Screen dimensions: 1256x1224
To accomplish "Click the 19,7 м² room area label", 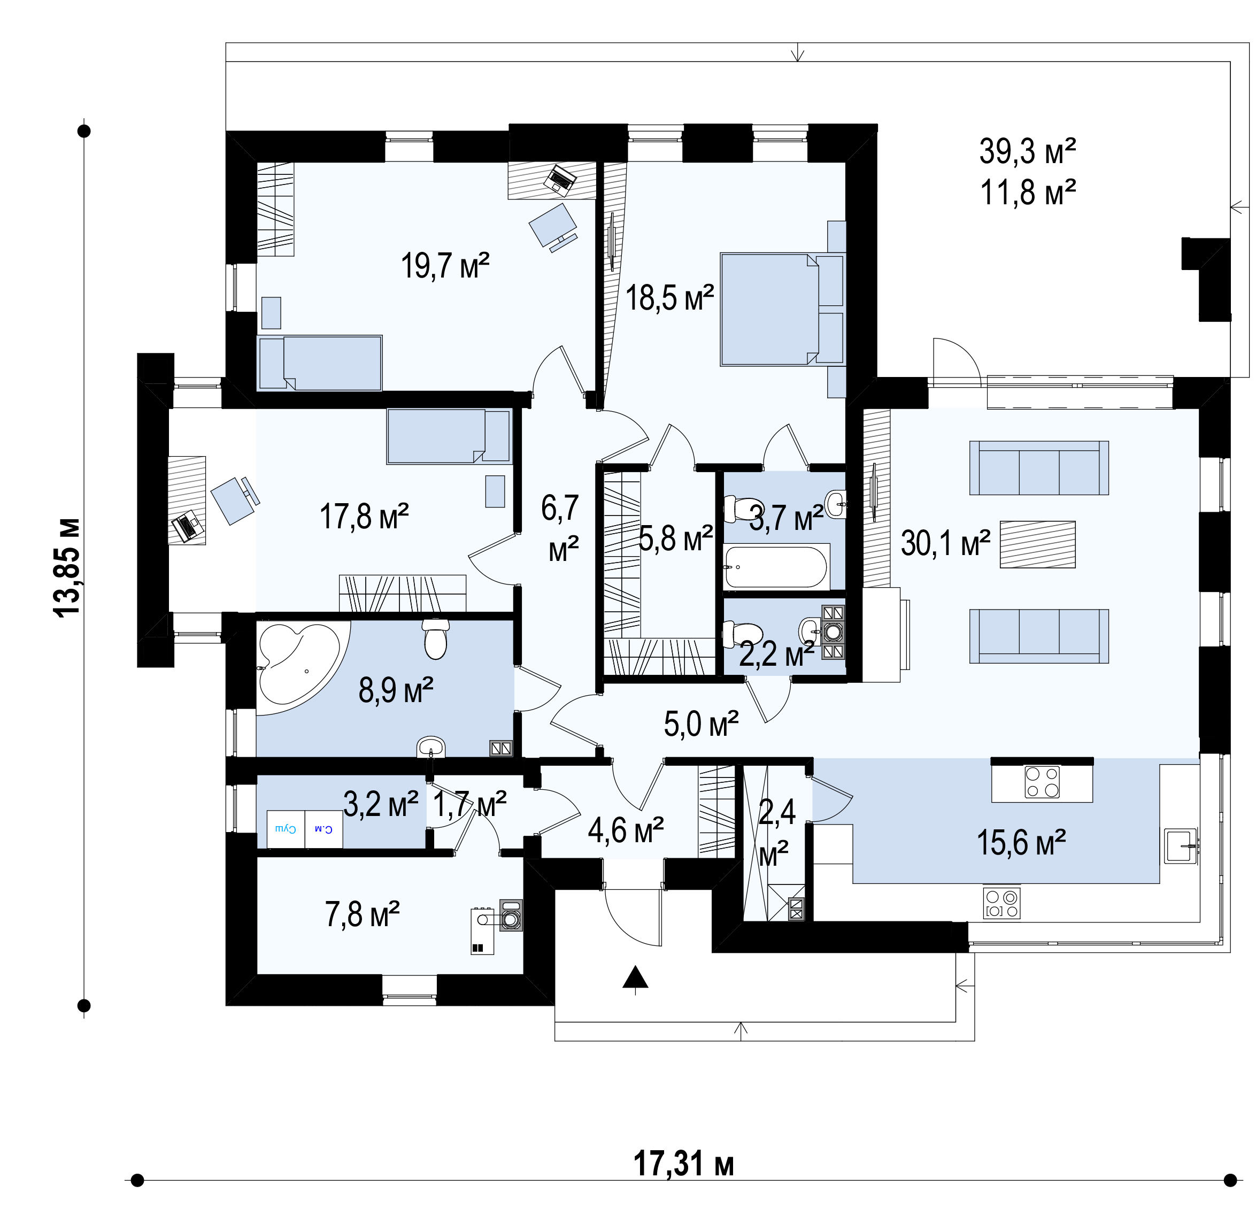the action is pos(445,266).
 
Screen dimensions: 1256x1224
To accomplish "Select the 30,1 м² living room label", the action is pos(945,543).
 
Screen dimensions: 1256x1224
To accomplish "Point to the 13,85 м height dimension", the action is pos(67,568).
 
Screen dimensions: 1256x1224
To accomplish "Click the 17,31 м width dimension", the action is pos(683,1164).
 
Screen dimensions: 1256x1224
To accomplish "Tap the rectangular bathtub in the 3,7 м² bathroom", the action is pos(775,566).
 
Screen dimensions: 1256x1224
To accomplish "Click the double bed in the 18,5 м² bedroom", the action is pos(782,309).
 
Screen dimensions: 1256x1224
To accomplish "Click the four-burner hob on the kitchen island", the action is pos(1041,782).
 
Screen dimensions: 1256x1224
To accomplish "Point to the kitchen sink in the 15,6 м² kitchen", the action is pos(1180,846).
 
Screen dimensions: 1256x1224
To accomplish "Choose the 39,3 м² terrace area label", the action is pos(1027,152).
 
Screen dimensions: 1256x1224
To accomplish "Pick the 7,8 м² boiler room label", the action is pos(362,914).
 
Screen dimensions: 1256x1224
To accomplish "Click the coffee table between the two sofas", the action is pos(1037,544).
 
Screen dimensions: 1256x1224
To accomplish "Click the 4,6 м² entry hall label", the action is pos(626,830).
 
